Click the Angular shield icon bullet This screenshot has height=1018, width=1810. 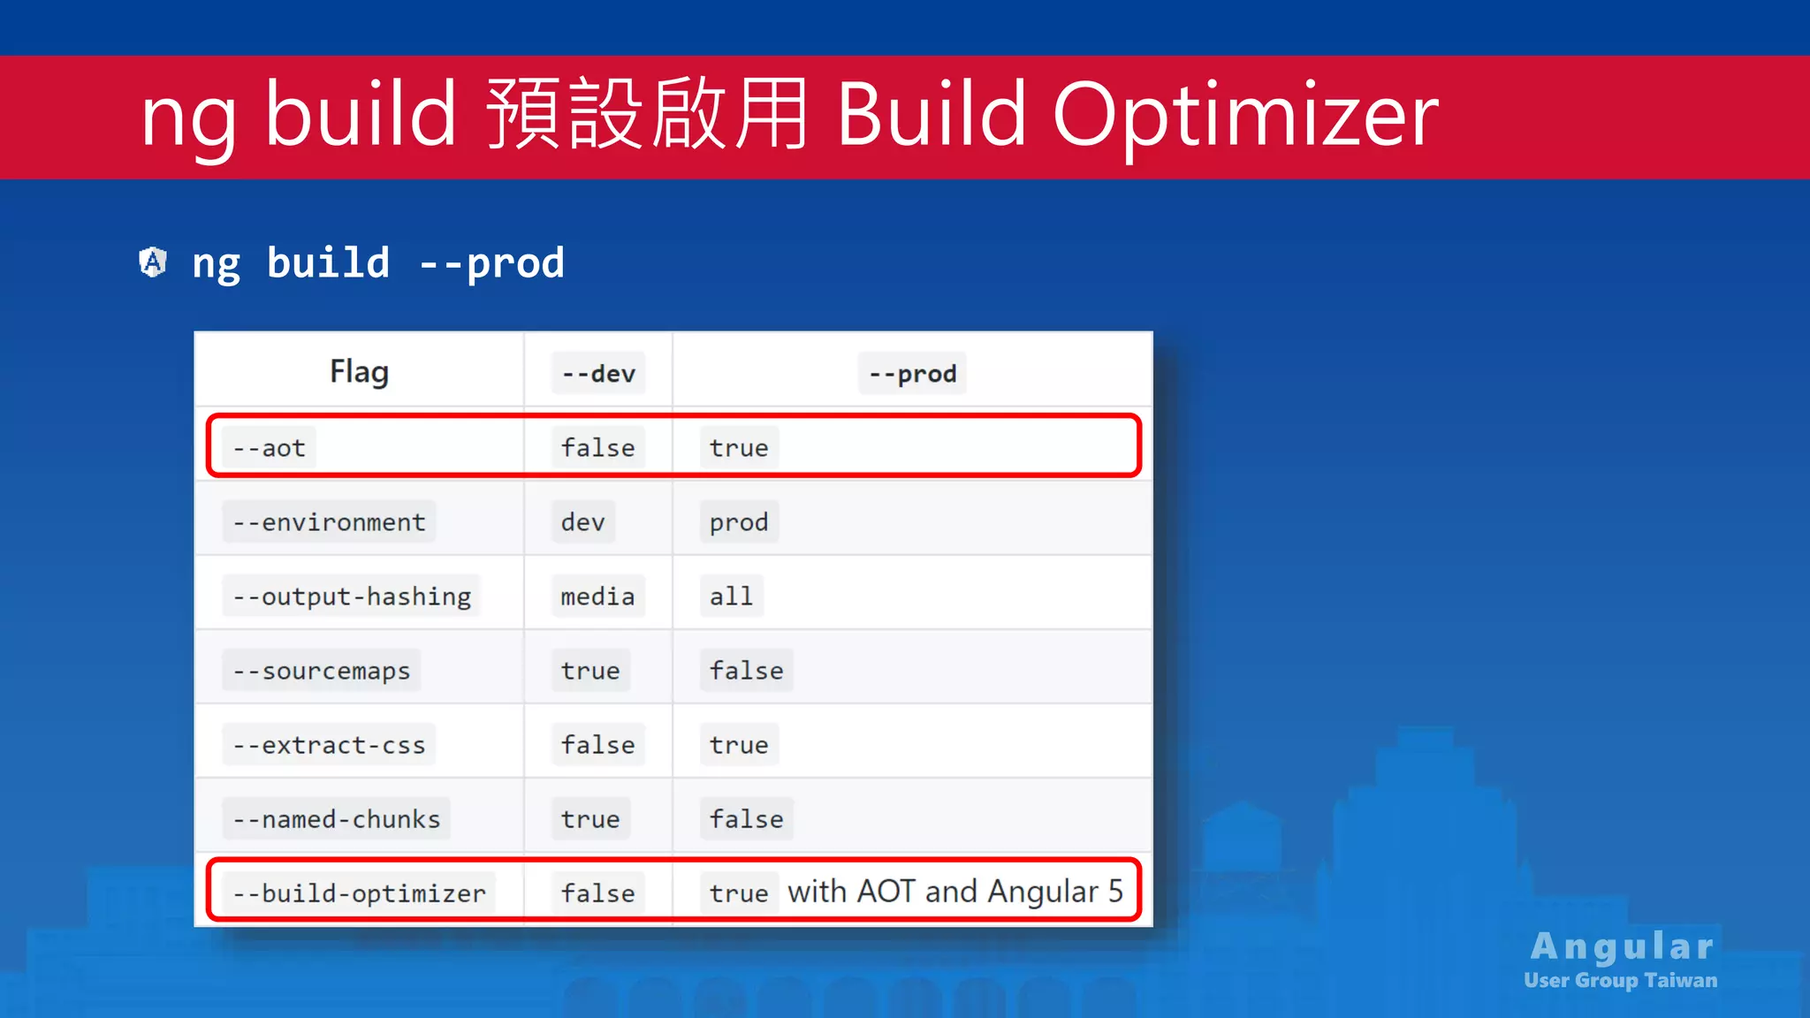point(153,262)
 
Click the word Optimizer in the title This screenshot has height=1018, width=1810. point(1245,115)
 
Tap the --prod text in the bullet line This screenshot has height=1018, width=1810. point(491,263)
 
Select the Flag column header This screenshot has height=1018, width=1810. point(359,372)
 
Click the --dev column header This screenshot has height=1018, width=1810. point(598,374)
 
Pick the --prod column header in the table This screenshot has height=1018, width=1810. point(912,374)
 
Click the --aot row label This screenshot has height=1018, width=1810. point(270,448)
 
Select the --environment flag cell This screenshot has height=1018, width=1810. point(329,522)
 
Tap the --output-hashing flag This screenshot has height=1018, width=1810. point(352,596)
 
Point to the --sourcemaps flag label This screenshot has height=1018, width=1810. point(322,671)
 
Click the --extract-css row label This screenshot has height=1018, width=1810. point(329,745)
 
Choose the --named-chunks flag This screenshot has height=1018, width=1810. point(336,819)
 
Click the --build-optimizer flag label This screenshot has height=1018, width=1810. point(359,893)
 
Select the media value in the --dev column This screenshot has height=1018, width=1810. point(597,596)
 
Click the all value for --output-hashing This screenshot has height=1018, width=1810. point(731,596)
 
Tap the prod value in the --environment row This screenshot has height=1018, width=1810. point(739,522)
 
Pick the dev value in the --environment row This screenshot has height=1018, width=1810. point(582,522)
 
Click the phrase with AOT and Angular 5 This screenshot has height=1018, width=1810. point(954,892)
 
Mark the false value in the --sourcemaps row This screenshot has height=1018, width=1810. point(746,671)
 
